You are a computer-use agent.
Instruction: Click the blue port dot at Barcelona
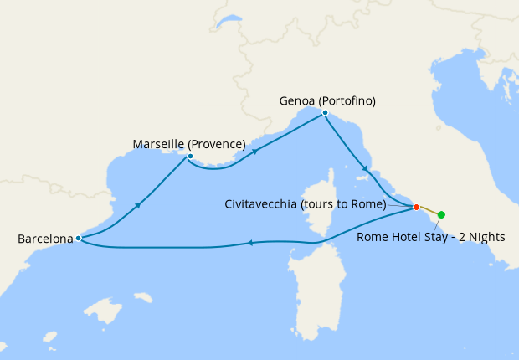coord(78,238)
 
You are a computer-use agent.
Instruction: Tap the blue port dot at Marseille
coord(190,156)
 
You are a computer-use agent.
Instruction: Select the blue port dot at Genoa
coord(325,112)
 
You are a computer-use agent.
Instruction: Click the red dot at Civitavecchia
coord(416,207)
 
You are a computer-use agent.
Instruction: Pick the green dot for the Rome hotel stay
coord(441,215)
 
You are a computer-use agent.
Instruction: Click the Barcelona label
coord(45,239)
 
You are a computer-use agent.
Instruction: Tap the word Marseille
coord(159,144)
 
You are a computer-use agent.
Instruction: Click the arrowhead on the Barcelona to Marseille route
coord(136,204)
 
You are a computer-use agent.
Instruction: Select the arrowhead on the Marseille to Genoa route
coord(253,152)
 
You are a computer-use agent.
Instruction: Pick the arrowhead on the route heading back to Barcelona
coord(249,244)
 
